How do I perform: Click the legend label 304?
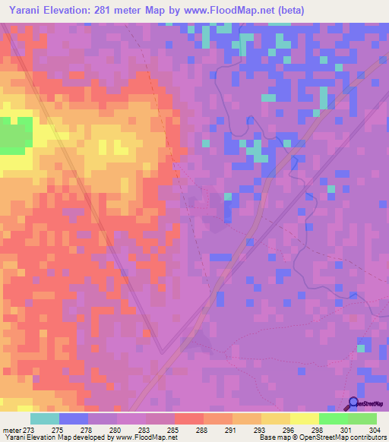point(375,431)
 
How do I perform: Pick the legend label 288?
point(202,431)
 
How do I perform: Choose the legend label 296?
point(288,431)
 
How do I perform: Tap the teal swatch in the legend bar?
point(45,418)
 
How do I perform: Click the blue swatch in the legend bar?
point(74,418)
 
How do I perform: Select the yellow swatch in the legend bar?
point(304,418)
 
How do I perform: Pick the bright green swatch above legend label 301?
point(333,418)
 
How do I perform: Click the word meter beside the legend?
point(11,431)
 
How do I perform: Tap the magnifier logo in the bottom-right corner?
point(353,403)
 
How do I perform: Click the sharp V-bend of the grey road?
point(161,352)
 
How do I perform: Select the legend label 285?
point(173,431)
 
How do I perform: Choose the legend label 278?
point(87,431)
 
